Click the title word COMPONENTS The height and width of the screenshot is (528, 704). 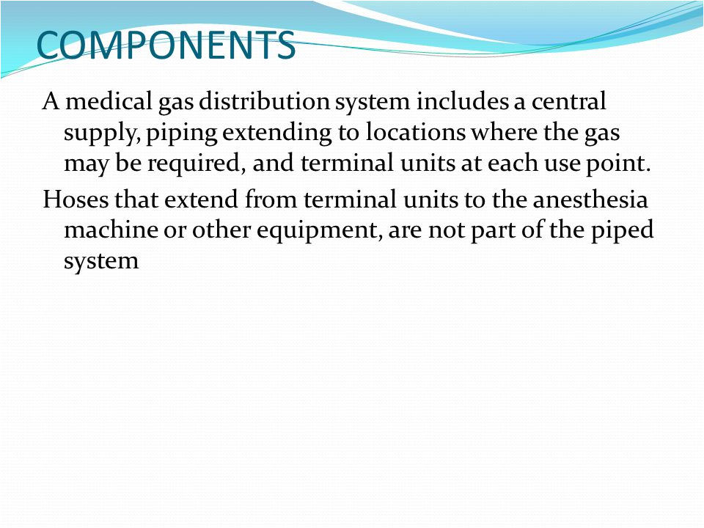tap(166, 45)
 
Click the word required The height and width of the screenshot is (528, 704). tap(195, 164)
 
